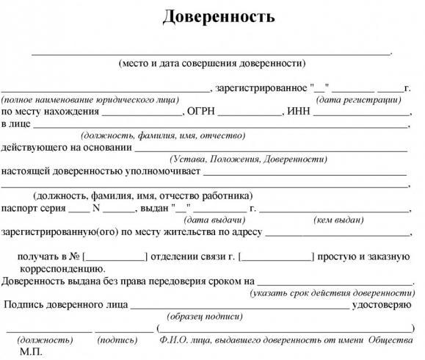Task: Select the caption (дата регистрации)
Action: click(358, 98)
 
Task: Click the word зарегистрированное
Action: click(261, 87)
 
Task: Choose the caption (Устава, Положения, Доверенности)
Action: click(248, 158)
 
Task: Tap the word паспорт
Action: click(19, 207)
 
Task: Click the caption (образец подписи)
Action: click(204, 316)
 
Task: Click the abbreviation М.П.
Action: click(32, 352)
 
